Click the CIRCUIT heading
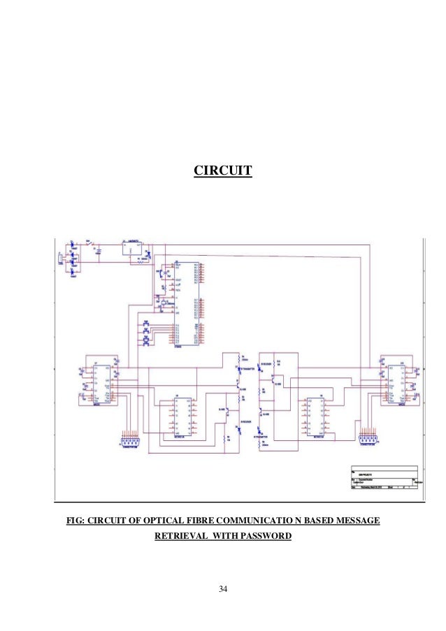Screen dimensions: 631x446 (x=222, y=170)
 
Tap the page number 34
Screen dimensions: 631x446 (x=223, y=589)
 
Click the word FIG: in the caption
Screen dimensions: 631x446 (x=75, y=520)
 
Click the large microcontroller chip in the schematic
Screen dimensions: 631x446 (x=185, y=303)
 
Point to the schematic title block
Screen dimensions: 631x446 (x=385, y=480)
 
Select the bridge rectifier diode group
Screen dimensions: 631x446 (x=73, y=258)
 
